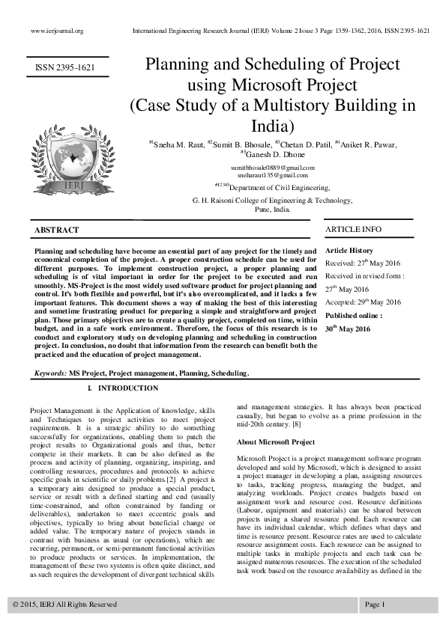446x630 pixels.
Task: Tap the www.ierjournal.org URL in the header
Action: click(x=56, y=31)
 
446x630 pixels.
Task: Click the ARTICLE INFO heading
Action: click(x=353, y=229)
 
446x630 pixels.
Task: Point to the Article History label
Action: click(x=349, y=251)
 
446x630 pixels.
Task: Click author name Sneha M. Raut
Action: click(x=177, y=144)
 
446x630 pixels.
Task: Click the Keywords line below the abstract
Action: click(x=142, y=373)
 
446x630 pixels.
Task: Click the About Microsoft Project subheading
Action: click(x=275, y=442)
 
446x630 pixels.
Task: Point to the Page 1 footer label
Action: click(x=375, y=604)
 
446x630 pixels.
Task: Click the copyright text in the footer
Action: click(x=65, y=604)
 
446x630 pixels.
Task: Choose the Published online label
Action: click(x=352, y=316)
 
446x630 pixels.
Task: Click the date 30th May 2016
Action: click(x=347, y=329)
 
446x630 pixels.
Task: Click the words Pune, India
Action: click(x=272, y=210)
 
